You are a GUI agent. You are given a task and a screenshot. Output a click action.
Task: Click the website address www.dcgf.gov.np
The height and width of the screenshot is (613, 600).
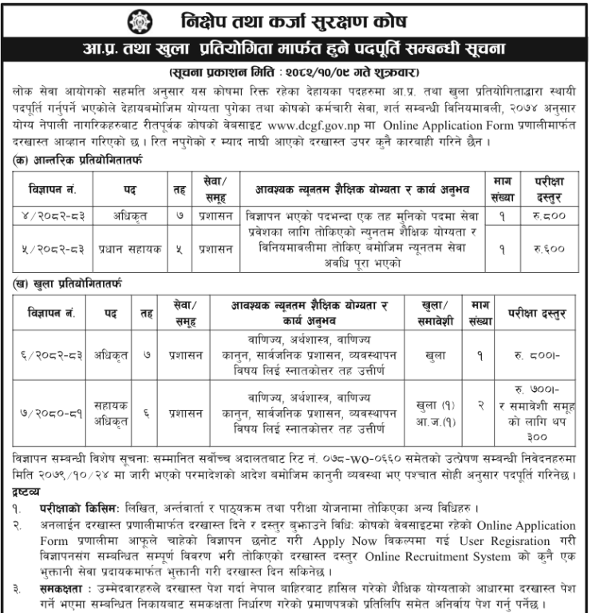(322, 125)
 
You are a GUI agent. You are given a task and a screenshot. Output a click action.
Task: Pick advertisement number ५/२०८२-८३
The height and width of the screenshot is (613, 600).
(54, 248)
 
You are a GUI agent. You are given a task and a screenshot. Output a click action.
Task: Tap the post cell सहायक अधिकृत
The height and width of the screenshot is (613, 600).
(116, 413)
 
